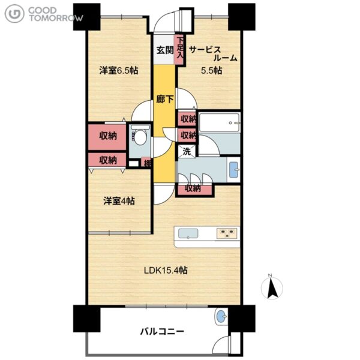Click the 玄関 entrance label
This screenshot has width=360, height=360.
[x=165, y=50]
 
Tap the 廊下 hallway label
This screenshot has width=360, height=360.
[x=165, y=99]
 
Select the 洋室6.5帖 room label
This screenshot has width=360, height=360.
[x=119, y=70]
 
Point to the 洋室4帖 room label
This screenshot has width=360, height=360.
[x=119, y=201]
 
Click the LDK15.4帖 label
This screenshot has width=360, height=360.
[x=166, y=270]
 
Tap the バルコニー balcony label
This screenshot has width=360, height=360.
[x=162, y=332]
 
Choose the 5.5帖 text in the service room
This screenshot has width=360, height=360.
[x=211, y=70]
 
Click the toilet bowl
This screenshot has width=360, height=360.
[x=140, y=137]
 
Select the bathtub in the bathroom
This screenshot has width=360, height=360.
[x=219, y=122]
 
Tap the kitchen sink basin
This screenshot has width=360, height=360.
[x=188, y=234]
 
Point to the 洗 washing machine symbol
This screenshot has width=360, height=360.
[x=187, y=152]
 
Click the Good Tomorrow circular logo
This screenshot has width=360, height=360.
[x=14, y=14]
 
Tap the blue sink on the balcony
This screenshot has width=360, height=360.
[x=221, y=317]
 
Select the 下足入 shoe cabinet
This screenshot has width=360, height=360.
[x=180, y=49]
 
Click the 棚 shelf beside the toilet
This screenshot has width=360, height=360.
[x=146, y=163]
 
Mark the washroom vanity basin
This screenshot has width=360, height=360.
[x=234, y=170]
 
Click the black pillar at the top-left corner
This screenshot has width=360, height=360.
[x=87, y=17]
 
